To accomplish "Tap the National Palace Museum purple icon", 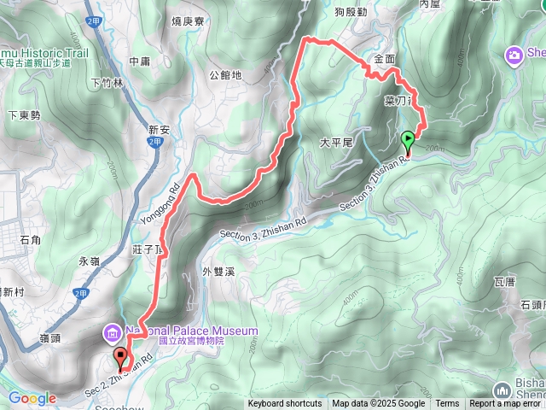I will pyautogui.click(x=112, y=331).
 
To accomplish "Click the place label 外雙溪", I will pyautogui.click(x=218, y=272).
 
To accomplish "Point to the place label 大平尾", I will pyautogui.click(x=335, y=143).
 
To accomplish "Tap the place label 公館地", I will pyautogui.click(x=225, y=75).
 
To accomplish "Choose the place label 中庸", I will pyautogui.click(x=138, y=61).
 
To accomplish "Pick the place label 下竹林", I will pyautogui.click(x=107, y=83).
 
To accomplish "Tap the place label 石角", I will pyautogui.click(x=29, y=240).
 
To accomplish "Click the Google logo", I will pyautogui.click(x=32, y=398).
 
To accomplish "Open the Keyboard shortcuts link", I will pyautogui.click(x=285, y=404).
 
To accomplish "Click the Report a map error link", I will pyautogui.click(x=506, y=404).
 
